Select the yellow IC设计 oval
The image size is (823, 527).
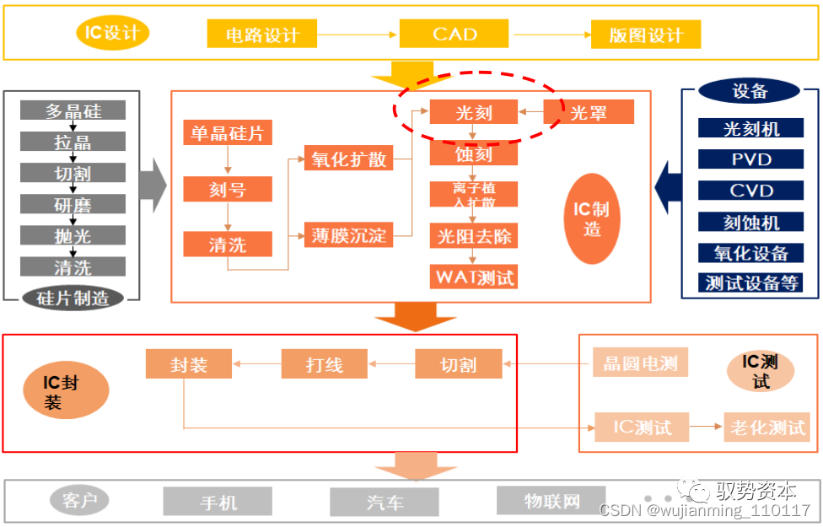pyautogui.click(x=113, y=34)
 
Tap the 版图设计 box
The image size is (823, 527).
pyautogui.click(x=646, y=35)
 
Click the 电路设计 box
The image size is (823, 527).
pyautogui.click(x=262, y=35)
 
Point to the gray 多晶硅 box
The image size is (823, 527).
pyautogui.click(x=73, y=110)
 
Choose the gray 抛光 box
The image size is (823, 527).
pyautogui.click(x=73, y=236)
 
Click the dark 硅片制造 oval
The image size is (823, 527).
pyautogui.click(x=73, y=298)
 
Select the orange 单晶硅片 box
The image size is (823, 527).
pyautogui.click(x=228, y=133)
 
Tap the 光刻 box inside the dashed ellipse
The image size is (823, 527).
pyautogui.click(x=473, y=112)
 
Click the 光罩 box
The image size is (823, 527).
pyautogui.click(x=589, y=112)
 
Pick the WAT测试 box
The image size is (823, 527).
pyautogui.click(x=473, y=276)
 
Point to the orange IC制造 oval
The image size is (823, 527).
pyautogui.click(x=592, y=218)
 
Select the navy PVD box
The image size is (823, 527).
pyautogui.click(x=750, y=159)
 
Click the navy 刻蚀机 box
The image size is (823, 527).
pyautogui.click(x=750, y=222)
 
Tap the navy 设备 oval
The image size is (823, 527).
pyautogui.click(x=750, y=91)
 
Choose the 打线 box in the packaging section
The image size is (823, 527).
pyautogui.click(x=324, y=364)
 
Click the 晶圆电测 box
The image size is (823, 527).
pyautogui.click(x=640, y=363)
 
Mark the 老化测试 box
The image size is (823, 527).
pyautogui.click(x=767, y=427)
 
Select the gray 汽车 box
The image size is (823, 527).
pyautogui.click(x=385, y=502)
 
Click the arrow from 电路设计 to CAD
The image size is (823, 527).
pyautogui.click(x=358, y=35)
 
